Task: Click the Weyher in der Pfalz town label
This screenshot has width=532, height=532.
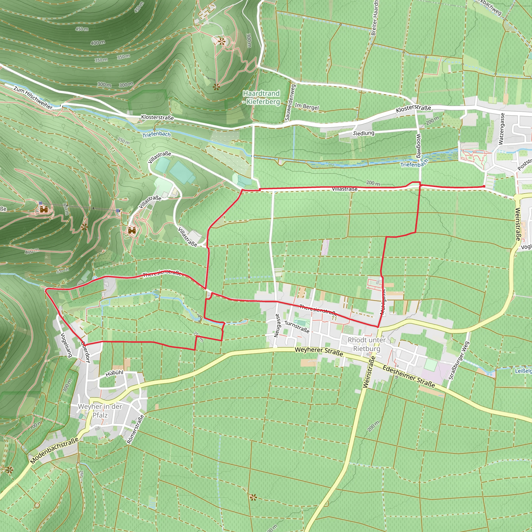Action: tap(100, 411)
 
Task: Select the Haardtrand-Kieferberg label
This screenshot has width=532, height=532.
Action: tap(261, 97)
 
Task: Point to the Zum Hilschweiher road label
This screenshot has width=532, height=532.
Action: tap(33, 97)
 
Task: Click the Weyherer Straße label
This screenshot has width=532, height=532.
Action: tap(319, 351)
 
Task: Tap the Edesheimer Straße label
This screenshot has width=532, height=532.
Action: tap(409, 377)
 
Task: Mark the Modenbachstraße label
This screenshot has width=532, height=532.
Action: tap(54, 451)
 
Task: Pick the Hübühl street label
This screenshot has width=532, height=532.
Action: tap(114, 373)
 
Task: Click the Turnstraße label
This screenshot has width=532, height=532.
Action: tap(297, 327)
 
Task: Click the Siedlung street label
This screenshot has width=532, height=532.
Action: tap(363, 133)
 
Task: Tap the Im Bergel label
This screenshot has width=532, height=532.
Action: tap(307, 107)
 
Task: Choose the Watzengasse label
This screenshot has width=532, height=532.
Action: tap(501, 129)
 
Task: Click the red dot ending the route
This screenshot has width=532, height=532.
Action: tap(484, 187)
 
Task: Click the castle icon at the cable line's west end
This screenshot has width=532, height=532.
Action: tap(43, 210)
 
